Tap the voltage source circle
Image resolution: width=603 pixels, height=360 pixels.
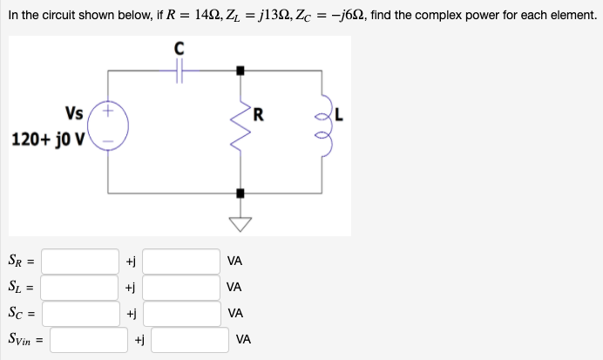109,126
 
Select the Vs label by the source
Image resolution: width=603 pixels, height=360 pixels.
74,112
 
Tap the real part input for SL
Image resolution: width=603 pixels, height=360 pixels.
80,286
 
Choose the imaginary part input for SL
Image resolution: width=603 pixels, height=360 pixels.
182,286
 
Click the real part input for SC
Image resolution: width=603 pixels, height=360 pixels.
80,312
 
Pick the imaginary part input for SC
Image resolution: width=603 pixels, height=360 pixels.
182,312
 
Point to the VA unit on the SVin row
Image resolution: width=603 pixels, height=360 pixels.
244,338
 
